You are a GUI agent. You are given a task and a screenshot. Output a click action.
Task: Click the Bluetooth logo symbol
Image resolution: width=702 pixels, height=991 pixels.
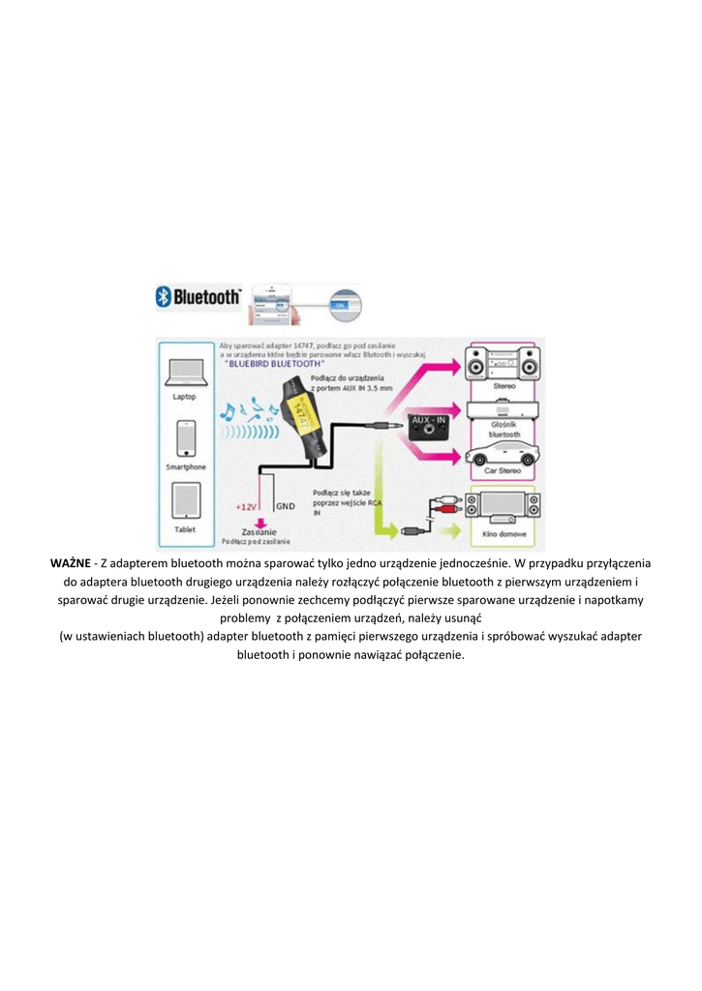pos(165,298)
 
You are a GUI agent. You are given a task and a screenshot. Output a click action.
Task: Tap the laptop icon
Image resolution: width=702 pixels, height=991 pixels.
pos(185,374)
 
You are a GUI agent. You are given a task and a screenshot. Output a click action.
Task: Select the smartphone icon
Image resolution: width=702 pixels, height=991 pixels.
pos(186,438)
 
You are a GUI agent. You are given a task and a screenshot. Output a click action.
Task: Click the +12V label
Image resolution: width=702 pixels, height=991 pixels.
pos(246,506)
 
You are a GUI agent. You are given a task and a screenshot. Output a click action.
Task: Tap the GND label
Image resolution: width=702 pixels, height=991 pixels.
pos(286,506)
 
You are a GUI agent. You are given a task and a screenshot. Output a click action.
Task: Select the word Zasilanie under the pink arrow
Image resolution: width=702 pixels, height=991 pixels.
pos(260,531)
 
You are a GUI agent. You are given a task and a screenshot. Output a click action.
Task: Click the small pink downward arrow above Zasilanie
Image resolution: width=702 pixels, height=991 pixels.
pos(259,521)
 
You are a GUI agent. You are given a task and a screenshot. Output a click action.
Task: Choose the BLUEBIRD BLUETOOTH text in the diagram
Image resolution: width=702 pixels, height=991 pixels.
pos(275,363)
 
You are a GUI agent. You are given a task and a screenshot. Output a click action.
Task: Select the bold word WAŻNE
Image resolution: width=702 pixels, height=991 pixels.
pos(71,563)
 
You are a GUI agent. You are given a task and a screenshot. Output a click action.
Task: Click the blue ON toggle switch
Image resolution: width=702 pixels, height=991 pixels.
pos(340,305)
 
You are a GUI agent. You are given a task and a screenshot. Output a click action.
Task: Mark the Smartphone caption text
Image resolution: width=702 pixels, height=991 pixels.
pos(186,466)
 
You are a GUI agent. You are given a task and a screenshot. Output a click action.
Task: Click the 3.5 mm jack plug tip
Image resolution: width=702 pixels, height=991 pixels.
pos(391,423)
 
